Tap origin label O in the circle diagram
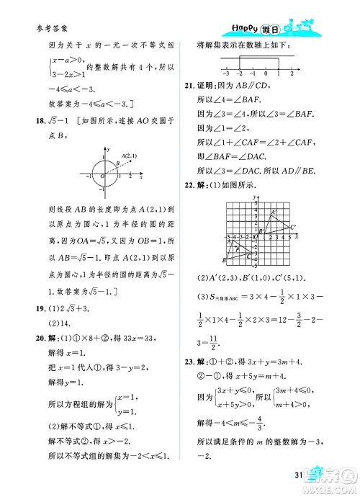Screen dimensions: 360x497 (x=102, y=176)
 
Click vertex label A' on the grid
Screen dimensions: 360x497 (x=274, y=212)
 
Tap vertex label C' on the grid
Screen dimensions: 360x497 (x=294, y=228)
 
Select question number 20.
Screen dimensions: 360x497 (x=33, y=339)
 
